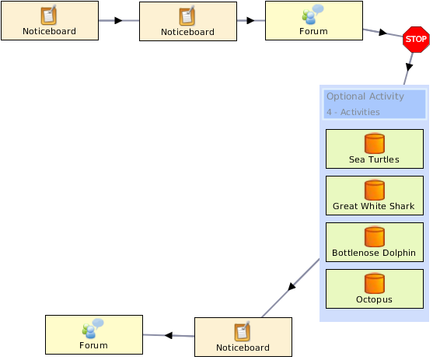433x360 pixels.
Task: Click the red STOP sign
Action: point(416,39)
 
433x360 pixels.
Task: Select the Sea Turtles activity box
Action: point(375,149)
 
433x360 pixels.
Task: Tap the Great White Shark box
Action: point(375,195)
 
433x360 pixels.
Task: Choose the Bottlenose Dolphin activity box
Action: point(375,242)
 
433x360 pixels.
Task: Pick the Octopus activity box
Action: point(375,288)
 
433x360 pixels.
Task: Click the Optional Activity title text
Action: point(365,96)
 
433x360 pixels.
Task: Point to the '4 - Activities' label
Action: point(353,112)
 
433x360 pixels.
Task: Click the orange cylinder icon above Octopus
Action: point(375,283)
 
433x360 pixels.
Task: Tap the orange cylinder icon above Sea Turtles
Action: point(375,143)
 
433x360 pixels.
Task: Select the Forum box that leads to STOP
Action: point(314,21)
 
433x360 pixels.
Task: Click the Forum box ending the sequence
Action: point(94,334)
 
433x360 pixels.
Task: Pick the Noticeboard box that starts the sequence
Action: point(50,21)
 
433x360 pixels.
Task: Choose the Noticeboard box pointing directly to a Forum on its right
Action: point(188,22)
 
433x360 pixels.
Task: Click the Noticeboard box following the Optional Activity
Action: point(243,337)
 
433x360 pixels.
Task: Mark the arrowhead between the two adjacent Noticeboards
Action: point(118,20)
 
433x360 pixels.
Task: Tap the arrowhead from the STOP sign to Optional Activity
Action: point(409,67)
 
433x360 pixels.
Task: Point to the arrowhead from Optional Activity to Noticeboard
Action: point(292,286)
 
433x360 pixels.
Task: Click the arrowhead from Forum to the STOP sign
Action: point(382,33)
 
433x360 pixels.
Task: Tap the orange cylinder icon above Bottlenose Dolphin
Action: point(375,236)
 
